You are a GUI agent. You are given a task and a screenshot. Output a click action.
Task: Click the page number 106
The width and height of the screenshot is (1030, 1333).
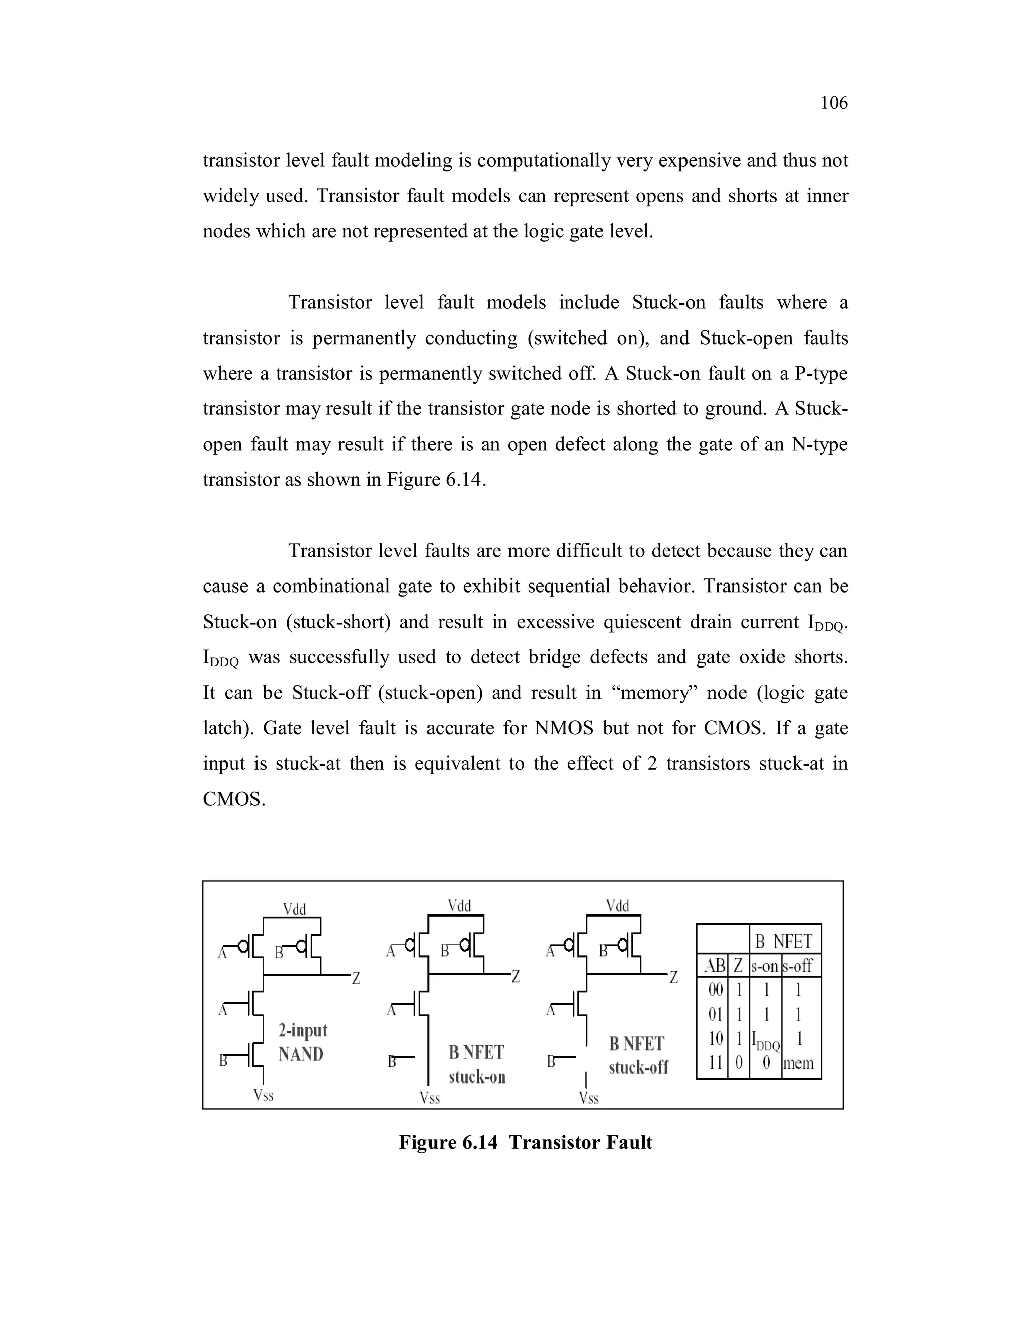pyautogui.click(x=833, y=103)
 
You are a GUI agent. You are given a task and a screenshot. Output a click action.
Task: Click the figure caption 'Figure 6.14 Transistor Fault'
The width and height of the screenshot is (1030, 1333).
pyautogui.click(x=526, y=1142)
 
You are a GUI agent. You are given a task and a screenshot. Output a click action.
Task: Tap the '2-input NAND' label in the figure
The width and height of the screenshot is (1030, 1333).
pyautogui.click(x=302, y=1042)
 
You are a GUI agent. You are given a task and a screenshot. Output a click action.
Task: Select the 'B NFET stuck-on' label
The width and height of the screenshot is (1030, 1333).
pyautogui.click(x=477, y=1064)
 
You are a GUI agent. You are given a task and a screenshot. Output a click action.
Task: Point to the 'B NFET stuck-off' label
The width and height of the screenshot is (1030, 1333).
pyautogui.click(x=638, y=1055)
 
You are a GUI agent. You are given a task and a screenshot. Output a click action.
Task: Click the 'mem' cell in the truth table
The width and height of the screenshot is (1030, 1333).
pyautogui.click(x=798, y=1063)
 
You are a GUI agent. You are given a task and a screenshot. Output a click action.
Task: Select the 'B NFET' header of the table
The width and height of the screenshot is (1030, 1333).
pyautogui.click(x=784, y=942)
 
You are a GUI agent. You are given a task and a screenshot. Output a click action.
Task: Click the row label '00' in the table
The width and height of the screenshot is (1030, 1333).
pyautogui.click(x=715, y=989)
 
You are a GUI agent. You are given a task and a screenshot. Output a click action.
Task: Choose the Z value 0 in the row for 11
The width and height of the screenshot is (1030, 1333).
pyautogui.click(x=738, y=1063)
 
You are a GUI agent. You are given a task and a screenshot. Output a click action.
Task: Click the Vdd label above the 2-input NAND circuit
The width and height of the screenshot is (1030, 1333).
pyautogui.click(x=294, y=910)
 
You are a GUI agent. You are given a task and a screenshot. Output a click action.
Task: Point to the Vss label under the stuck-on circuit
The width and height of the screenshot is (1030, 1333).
pyautogui.click(x=430, y=1099)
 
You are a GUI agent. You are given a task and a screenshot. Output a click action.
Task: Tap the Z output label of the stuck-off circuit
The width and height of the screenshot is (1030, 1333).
pyautogui.click(x=673, y=978)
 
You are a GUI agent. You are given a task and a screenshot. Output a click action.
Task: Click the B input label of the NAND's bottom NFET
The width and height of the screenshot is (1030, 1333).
pyautogui.click(x=223, y=1061)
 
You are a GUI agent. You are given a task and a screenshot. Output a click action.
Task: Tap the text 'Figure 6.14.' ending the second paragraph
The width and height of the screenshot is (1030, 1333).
pyautogui.click(x=436, y=480)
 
